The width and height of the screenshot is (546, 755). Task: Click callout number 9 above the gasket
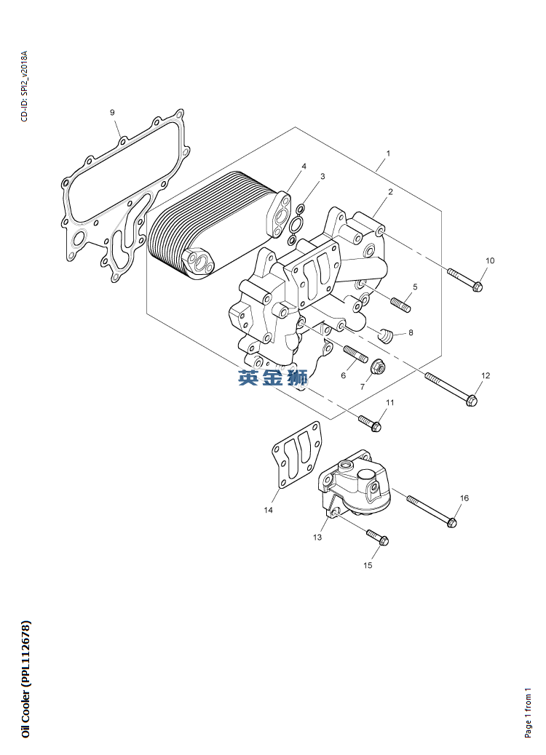point(112,113)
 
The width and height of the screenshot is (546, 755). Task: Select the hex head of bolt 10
point(478,287)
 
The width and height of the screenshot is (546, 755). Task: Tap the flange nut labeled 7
point(378,368)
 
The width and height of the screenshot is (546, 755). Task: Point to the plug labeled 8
point(386,335)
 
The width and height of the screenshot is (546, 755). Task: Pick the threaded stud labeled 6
point(356,354)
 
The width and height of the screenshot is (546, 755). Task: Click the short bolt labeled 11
point(370,423)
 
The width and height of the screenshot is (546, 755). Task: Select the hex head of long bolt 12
point(472,400)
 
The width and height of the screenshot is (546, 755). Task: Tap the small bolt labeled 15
point(378,538)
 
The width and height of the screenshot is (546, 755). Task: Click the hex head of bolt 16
point(451,522)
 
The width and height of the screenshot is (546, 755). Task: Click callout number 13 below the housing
point(317,537)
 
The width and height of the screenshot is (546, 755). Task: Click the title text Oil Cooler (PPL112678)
point(26,679)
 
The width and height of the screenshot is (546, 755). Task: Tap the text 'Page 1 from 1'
point(529,711)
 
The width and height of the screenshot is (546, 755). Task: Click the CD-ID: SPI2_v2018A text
point(25,86)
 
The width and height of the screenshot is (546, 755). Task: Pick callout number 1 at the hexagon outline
point(389,153)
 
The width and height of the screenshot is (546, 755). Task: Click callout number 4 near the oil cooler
point(304,167)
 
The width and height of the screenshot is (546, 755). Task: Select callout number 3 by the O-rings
point(323,177)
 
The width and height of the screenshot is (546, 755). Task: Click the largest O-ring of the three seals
point(297,224)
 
